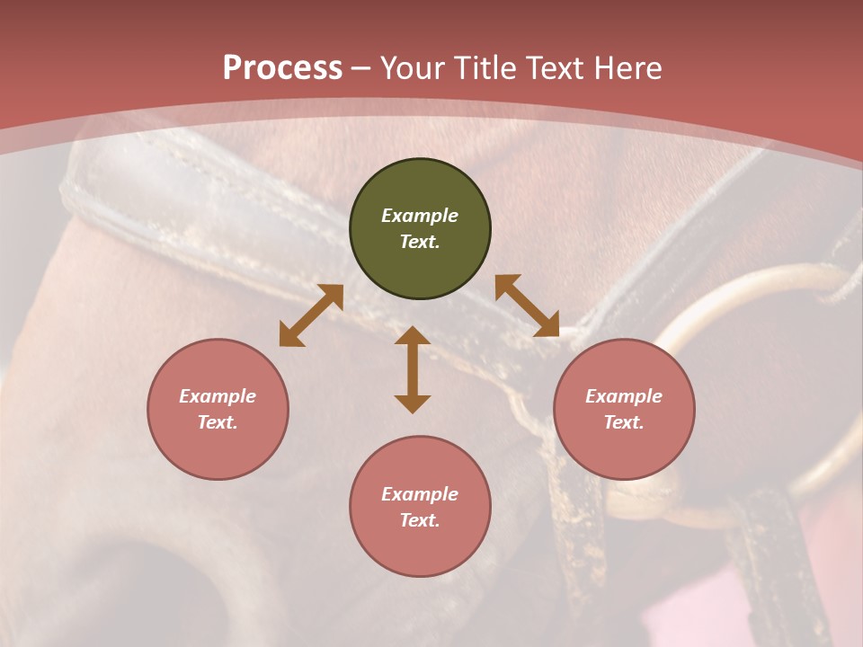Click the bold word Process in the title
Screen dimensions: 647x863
[x=282, y=68]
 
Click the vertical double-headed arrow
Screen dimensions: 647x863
[x=413, y=369]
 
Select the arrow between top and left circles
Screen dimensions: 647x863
[x=311, y=315]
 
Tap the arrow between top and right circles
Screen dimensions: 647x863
[x=527, y=306]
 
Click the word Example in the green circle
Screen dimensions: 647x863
[x=420, y=216]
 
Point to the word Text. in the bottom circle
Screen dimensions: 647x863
[x=420, y=520]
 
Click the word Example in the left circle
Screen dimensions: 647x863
[x=218, y=396]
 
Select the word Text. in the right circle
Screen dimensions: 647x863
[x=624, y=422]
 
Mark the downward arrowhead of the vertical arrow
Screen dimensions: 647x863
[x=413, y=403]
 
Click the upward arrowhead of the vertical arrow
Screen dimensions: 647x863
[x=413, y=336]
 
